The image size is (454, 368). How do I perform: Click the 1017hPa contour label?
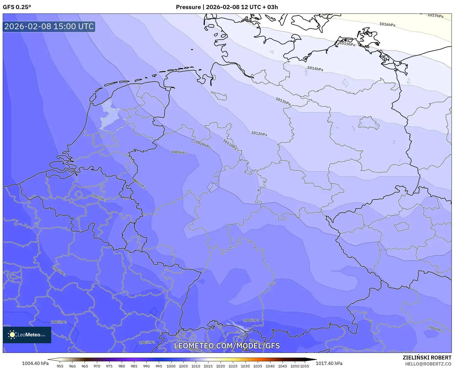pyautogui.click(x=435, y=16)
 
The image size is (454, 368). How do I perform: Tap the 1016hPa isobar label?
pyautogui.click(x=387, y=24)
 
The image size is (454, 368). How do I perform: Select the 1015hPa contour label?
pyautogui.click(x=347, y=44)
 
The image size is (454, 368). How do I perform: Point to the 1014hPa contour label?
pyautogui.click(x=315, y=69)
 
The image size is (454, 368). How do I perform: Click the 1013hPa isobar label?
pyautogui.click(x=283, y=101)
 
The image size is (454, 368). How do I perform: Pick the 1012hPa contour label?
pyautogui.click(x=259, y=134)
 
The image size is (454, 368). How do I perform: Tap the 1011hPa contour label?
pyautogui.click(x=230, y=145)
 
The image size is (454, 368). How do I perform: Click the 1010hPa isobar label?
pyautogui.click(x=203, y=144)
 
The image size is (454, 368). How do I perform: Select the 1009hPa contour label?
pyautogui.click(x=179, y=152)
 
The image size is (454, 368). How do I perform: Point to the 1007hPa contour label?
pyautogui.click(x=99, y=198)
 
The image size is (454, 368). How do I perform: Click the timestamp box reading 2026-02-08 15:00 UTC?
pyautogui.click(x=49, y=26)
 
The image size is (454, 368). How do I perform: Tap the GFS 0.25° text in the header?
pyautogui.click(x=17, y=7)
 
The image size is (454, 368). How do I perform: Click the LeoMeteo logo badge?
pyautogui.click(x=27, y=335)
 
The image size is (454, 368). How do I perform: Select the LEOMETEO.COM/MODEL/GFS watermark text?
pyautogui.click(x=227, y=346)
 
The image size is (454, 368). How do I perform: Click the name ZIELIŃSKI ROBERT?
pyautogui.click(x=427, y=358)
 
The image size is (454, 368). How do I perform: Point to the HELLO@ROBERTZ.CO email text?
pyautogui.click(x=428, y=364)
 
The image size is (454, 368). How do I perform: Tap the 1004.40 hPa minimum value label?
pyautogui.click(x=35, y=363)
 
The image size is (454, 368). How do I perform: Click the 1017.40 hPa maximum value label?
pyautogui.click(x=329, y=363)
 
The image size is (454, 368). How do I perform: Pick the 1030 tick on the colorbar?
pyautogui.click(x=245, y=366)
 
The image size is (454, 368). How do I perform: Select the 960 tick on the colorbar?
pyautogui.click(x=72, y=366)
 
